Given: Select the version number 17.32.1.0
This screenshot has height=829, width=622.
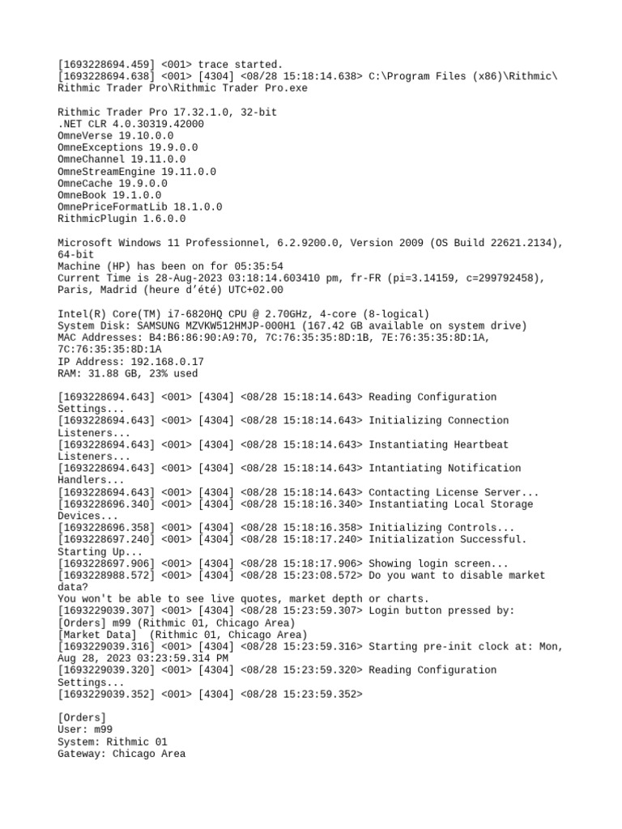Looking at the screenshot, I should (x=198, y=113).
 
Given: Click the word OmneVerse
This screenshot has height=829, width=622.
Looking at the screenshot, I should (x=85, y=136).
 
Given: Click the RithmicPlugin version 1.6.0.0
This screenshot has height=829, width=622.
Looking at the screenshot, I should (x=164, y=219).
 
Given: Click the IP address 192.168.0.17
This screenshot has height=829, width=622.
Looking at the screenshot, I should (x=164, y=362).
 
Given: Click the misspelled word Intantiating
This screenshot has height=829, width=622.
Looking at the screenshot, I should (x=405, y=468).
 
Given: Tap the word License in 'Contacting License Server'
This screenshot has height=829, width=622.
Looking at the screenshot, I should (x=457, y=492).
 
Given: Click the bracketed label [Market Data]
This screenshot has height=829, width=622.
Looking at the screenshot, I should (x=100, y=635).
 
